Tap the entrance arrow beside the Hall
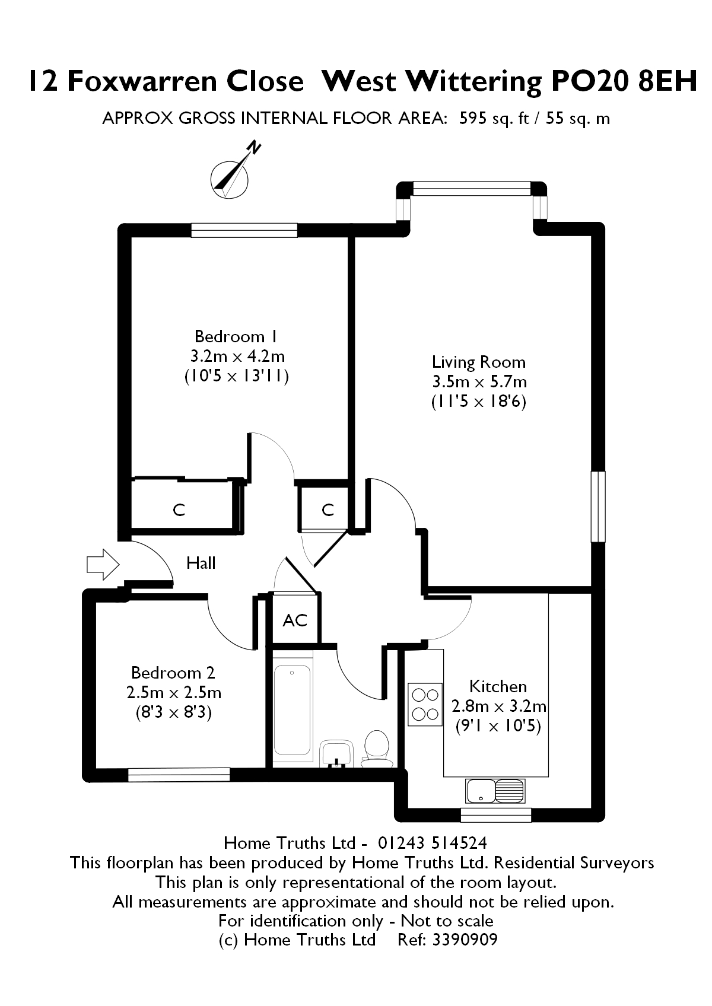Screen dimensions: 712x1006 coord(103,565)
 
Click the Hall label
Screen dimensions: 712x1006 coord(201,563)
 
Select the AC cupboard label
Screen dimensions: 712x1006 coord(295,620)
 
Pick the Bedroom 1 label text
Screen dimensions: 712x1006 coord(236,336)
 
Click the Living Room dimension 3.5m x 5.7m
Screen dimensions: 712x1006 coord(479,382)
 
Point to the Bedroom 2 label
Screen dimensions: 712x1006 coord(173,673)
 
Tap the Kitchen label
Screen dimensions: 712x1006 coord(498,687)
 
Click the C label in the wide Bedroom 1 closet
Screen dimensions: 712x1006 coord(179,510)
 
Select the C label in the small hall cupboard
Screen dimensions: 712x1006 coord(328,510)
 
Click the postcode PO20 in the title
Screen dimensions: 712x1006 coord(589,81)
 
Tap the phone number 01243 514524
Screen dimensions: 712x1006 coord(432,843)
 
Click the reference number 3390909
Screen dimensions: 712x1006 coord(465,940)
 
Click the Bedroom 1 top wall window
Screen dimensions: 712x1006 coord(244,230)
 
